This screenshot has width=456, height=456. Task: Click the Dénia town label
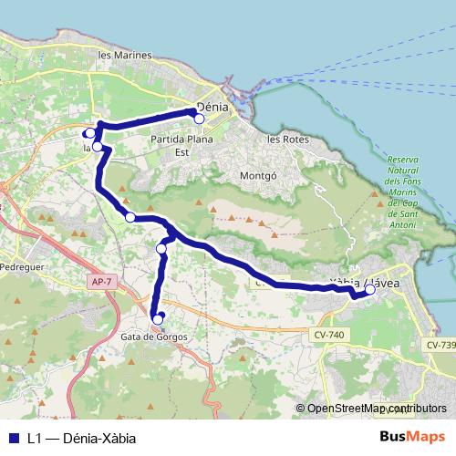point(213,107)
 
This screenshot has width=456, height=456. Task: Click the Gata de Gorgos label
point(152,337)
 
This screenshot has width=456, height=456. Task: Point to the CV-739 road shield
point(440,345)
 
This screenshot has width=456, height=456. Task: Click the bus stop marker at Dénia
point(199,119)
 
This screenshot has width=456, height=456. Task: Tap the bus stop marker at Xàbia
point(370,291)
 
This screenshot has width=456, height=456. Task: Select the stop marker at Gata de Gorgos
point(158,319)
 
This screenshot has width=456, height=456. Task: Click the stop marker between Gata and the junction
point(161,249)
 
